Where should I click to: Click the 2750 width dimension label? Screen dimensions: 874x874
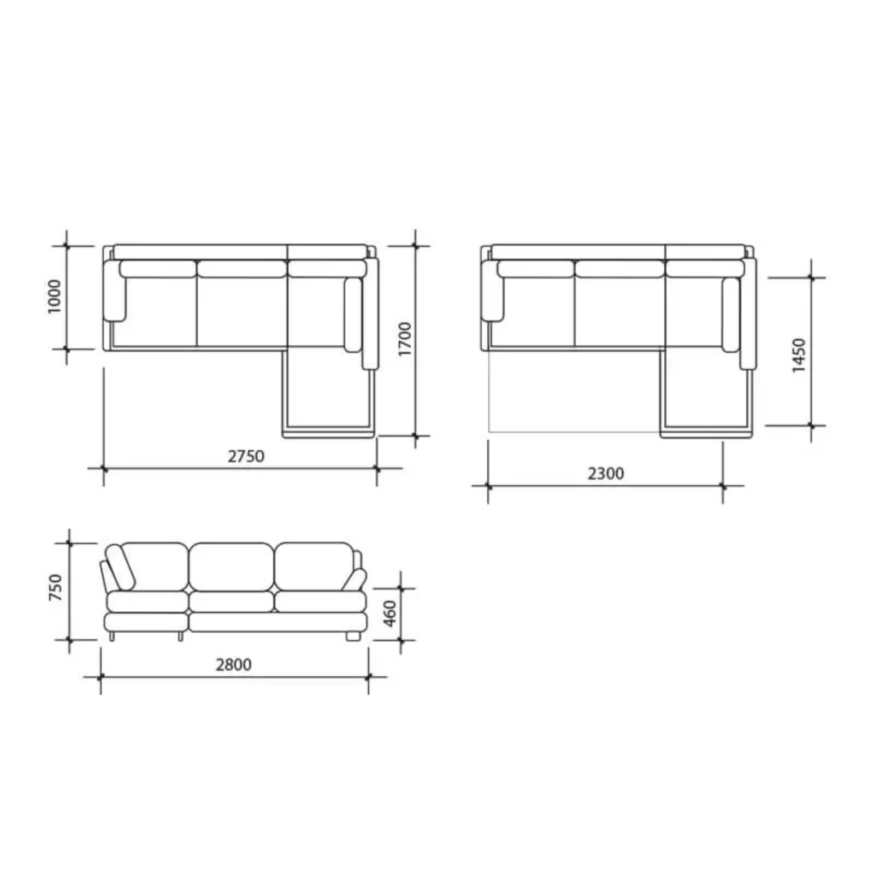pos(246,456)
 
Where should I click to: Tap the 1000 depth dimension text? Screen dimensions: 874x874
pos(55,297)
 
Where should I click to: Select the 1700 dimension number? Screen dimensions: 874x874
pos(405,339)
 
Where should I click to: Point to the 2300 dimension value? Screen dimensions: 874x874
pos(605,473)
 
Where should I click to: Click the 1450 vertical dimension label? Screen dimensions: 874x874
pos(799,356)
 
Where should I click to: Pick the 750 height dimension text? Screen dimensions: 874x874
pos(56,588)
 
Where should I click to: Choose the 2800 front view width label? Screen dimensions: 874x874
pos(234,664)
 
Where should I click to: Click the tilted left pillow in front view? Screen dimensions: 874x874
pos(121,568)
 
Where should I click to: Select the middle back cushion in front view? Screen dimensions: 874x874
pos(231,567)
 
